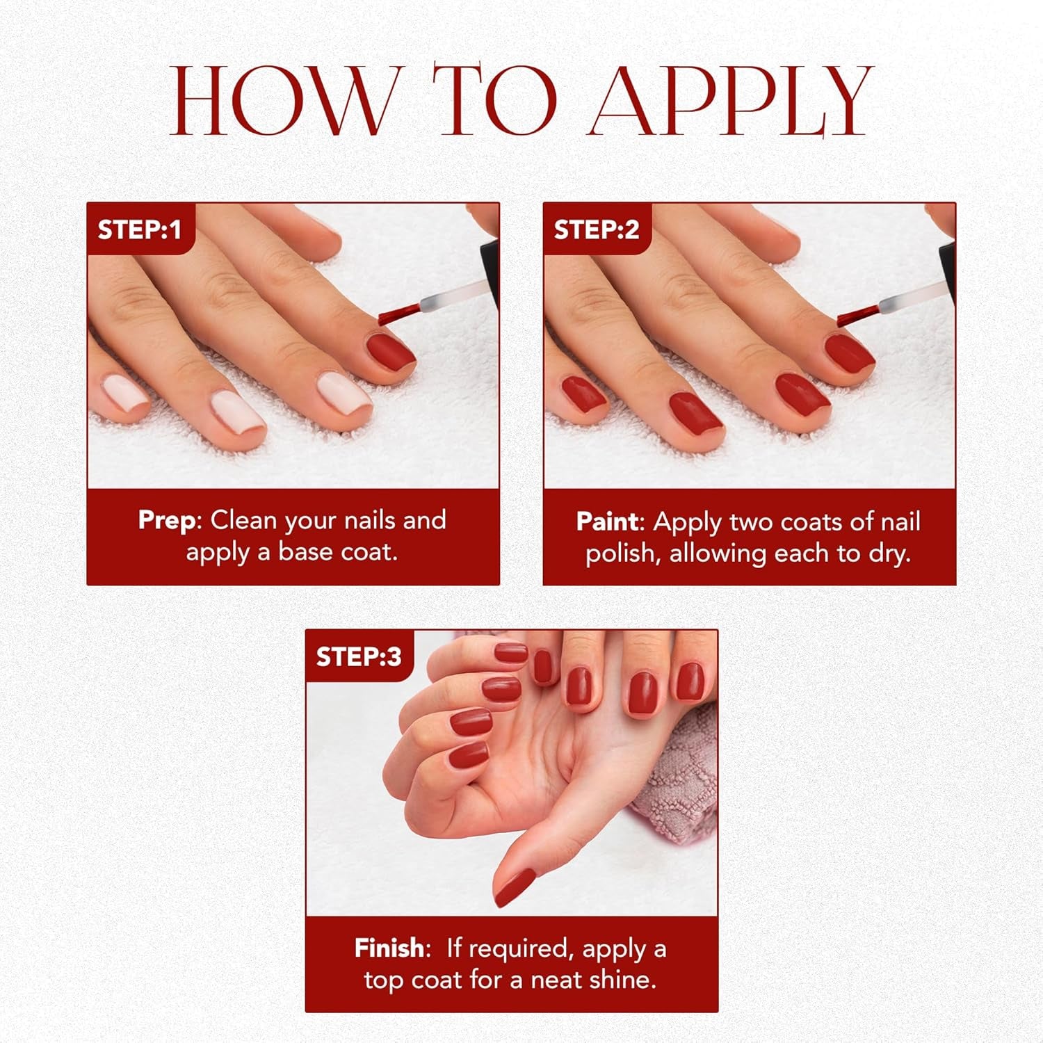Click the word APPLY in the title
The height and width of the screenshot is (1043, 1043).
pyautogui.click(x=730, y=101)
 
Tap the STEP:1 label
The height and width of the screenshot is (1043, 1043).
pyautogui.click(x=139, y=229)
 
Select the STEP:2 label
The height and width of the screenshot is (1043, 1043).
pyautogui.click(x=596, y=229)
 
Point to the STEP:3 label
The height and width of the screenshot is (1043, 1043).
pyautogui.click(x=359, y=656)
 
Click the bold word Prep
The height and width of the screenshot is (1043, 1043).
pyautogui.click(x=167, y=520)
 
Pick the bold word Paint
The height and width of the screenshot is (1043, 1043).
pyautogui.click(x=607, y=521)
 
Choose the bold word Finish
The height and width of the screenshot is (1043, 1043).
pyautogui.click(x=389, y=948)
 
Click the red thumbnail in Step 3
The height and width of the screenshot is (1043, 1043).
pyautogui.click(x=515, y=888)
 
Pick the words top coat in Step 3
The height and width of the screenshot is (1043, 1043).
pyautogui.click(x=412, y=980)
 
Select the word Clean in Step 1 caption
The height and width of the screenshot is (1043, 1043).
pyautogui.click(x=244, y=520)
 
